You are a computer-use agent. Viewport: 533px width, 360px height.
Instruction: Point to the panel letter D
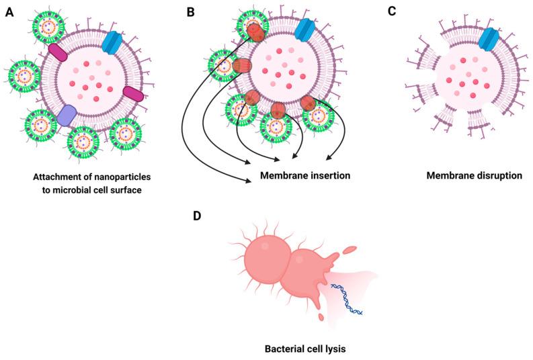[x=197, y=216]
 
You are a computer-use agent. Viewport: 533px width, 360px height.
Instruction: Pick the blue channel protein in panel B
[x=305, y=29]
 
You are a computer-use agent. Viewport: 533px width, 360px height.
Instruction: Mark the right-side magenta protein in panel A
[x=133, y=95]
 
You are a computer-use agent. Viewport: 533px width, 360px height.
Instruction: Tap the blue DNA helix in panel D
[x=347, y=300]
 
